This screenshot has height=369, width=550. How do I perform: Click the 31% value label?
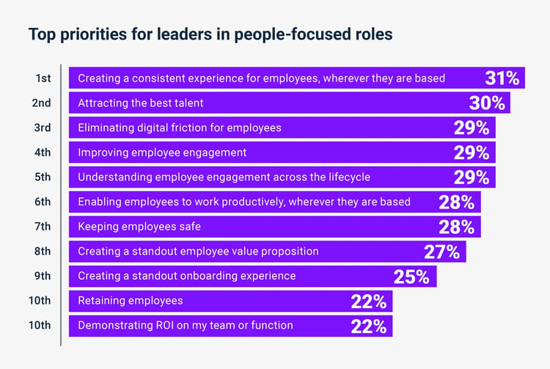tap(502, 78)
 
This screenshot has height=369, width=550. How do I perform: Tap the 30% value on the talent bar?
tap(487, 103)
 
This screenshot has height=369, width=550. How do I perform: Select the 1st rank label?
tap(43, 78)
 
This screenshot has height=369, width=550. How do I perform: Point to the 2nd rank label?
tap(41, 103)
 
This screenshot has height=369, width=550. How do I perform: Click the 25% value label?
tap(411, 277)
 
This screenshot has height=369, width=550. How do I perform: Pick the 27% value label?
tap(441, 252)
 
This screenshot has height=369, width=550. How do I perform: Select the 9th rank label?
tap(43, 276)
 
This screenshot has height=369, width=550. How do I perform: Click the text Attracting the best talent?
tap(141, 103)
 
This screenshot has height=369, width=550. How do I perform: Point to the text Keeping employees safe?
tap(139, 227)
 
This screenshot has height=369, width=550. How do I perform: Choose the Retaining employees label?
tap(131, 301)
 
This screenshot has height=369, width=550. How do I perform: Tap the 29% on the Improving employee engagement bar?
tap(472, 153)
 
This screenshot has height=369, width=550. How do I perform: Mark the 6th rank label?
tap(43, 202)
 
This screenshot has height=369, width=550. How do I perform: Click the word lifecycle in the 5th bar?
tap(349, 177)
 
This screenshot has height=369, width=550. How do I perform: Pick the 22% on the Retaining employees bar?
tap(369, 301)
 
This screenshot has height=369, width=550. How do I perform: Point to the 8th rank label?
tap(43, 251)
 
